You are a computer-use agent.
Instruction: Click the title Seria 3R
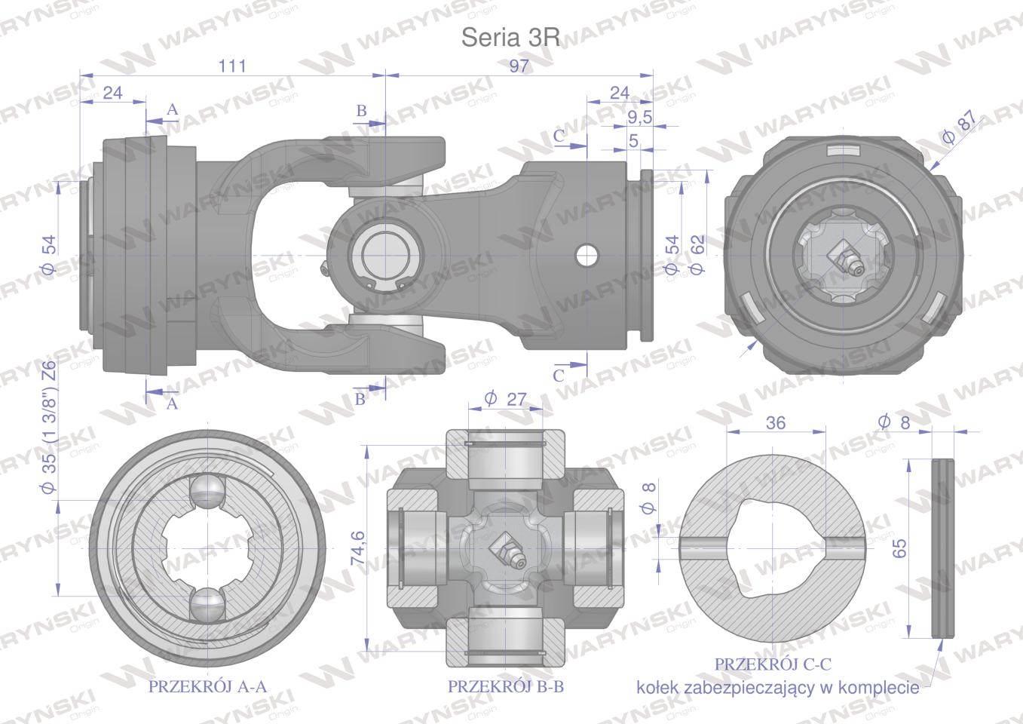pos(510,37)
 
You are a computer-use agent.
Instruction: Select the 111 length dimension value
pos(232,66)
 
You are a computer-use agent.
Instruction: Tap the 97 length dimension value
pos(519,66)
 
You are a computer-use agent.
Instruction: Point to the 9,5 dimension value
pos(639,118)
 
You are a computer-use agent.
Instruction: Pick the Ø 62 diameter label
pos(698,254)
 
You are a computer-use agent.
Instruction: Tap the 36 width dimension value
pos(776,423)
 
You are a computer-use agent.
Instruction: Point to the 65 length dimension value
pos(899,548)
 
